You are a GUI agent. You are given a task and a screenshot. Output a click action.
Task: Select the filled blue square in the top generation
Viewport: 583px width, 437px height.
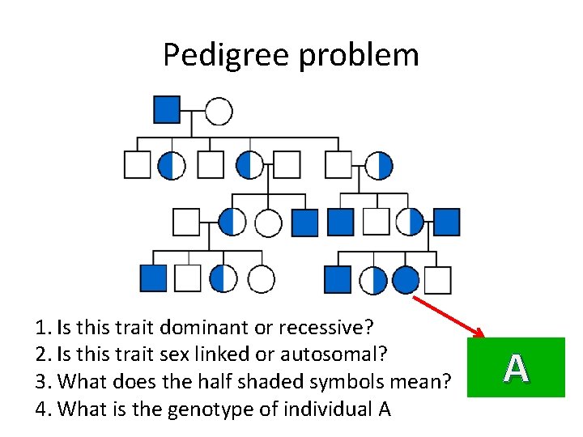click(167, 109)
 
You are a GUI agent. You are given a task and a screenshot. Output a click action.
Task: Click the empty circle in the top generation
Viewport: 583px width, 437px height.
click(219, 111)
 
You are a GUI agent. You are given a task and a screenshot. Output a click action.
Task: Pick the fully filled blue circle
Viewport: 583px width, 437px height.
click(406, 280)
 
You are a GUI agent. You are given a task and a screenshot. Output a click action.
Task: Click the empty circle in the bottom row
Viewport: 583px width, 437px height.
click(261, 279)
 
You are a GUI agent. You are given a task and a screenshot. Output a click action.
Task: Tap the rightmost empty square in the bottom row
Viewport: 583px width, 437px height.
click(437, 280)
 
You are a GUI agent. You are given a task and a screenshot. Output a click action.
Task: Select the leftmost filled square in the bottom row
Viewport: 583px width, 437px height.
click(153, 278)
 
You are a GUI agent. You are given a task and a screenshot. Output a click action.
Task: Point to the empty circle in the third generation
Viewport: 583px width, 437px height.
click(268, 223)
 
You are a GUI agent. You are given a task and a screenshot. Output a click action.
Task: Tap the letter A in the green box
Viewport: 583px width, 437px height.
click(516, 367)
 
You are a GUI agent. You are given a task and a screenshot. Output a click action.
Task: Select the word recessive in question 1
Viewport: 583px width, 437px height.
click(326, 328)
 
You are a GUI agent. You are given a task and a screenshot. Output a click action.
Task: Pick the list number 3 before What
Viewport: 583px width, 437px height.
click(42, 380)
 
